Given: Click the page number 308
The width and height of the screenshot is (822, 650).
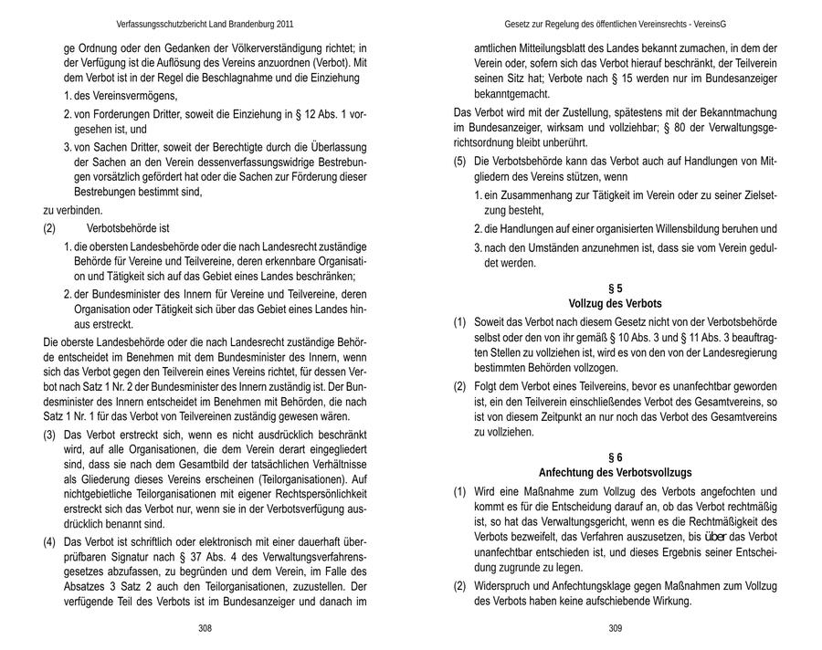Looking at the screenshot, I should pyautogui.click(x=205, y=629).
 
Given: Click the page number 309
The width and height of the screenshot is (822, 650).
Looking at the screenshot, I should pyautogui.click(x=616, y=629).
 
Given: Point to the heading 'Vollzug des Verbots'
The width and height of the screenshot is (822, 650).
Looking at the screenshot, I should pyautogui.click(x=616, y=304).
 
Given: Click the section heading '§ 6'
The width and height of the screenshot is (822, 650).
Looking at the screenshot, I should pyautogui.click(x=616, y=456).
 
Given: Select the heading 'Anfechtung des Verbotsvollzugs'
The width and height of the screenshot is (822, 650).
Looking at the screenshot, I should pyautogui.click(x=616, y=472).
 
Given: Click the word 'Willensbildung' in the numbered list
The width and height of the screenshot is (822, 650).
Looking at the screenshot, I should pyautogui.click(x=682, y=228).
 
